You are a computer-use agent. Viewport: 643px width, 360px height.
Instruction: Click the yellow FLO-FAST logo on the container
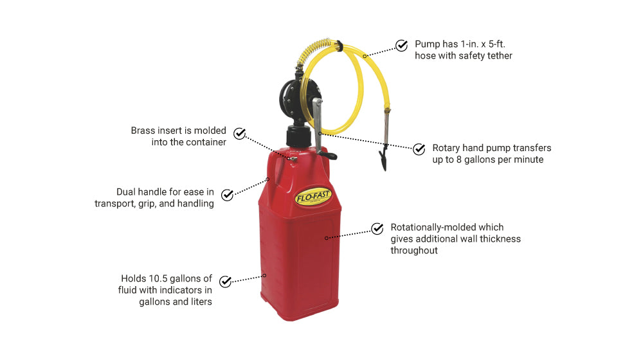(x=313, y=197)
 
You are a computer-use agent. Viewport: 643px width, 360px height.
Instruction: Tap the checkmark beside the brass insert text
(x=239, y=133)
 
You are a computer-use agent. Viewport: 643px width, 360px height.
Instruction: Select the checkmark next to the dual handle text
(x=227, y=195)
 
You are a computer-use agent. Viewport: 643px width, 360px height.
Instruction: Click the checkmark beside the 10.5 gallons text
(x=225, y=282)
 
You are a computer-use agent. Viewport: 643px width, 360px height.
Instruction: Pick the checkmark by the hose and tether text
(x=401, y=45)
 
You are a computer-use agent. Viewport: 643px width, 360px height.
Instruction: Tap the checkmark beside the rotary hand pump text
(x=419, y=149)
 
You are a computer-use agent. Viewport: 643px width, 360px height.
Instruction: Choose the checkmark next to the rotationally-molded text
(x=377, y=228)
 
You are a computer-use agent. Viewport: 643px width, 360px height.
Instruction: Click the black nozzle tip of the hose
(x=383, y=158)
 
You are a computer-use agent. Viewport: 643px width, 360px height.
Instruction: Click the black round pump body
(x=291, y=98)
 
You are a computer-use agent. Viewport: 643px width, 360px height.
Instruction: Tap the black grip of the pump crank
(x=329, y=155)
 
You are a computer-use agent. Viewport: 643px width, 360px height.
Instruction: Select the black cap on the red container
(x=300, y=136)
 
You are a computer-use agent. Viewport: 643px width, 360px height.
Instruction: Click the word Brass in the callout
(x=143, y=130)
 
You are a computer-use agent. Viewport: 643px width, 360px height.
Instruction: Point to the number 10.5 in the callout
(x=157, y=278)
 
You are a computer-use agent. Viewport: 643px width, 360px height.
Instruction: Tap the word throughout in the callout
(x=413, y=251)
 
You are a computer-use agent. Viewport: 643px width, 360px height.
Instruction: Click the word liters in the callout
(x=201, y=301)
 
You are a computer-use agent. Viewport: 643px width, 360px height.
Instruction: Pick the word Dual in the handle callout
(x=126, y=192)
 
